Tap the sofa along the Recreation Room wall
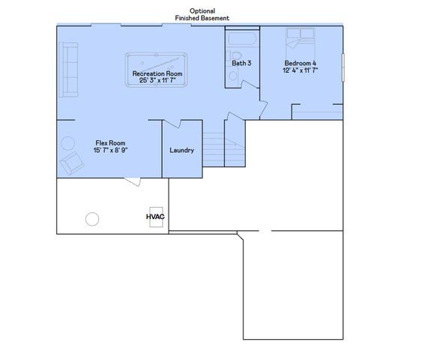click(69, 70)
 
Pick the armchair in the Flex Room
click(73, 163)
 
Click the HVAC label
click(154, 216)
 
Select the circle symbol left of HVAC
click(92, 219)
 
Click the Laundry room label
click(181, 150)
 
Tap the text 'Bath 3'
click(241, 64)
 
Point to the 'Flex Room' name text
click(109, 143)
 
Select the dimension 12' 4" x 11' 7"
click(301, 70)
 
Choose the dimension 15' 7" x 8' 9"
click(109, 151)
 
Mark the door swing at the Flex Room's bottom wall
click(133, 181)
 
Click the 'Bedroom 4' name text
click(301, 62)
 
